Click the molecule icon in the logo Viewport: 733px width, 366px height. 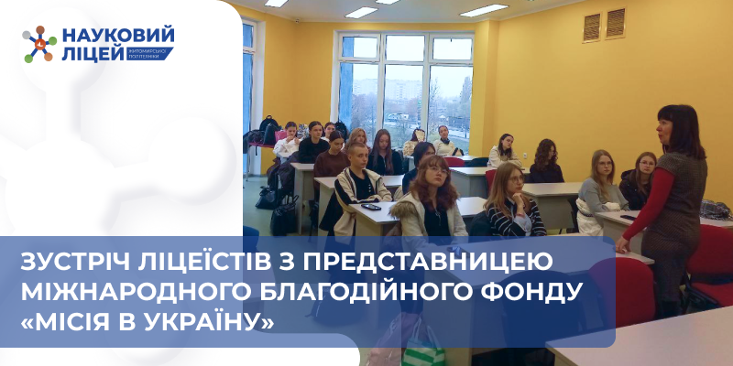click(40, 44)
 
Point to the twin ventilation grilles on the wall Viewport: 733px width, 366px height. click(605, 25)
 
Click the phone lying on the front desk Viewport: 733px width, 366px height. click(371, 208)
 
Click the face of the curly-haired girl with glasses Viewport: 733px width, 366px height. click(432, 174)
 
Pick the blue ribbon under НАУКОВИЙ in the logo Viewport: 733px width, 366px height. click(142, 54)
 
